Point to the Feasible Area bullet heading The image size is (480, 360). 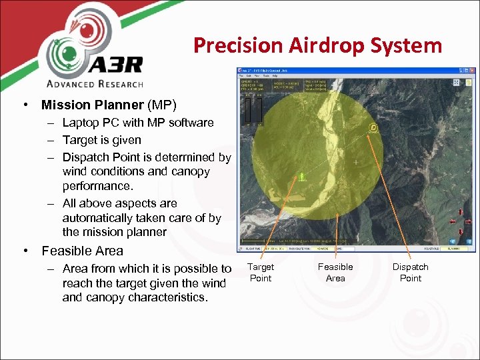tap(82, 251)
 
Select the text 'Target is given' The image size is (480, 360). tap(101, 140)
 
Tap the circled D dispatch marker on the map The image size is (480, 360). tap(373, 128)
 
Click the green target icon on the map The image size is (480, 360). tap(301, 177)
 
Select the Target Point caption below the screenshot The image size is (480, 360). tap(261, 273)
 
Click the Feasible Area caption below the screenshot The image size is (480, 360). tap(335, 273)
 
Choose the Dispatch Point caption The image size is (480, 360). tap(410, 273)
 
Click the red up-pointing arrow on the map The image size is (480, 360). tap(461, 213)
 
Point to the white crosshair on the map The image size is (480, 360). tap(356, 162)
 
